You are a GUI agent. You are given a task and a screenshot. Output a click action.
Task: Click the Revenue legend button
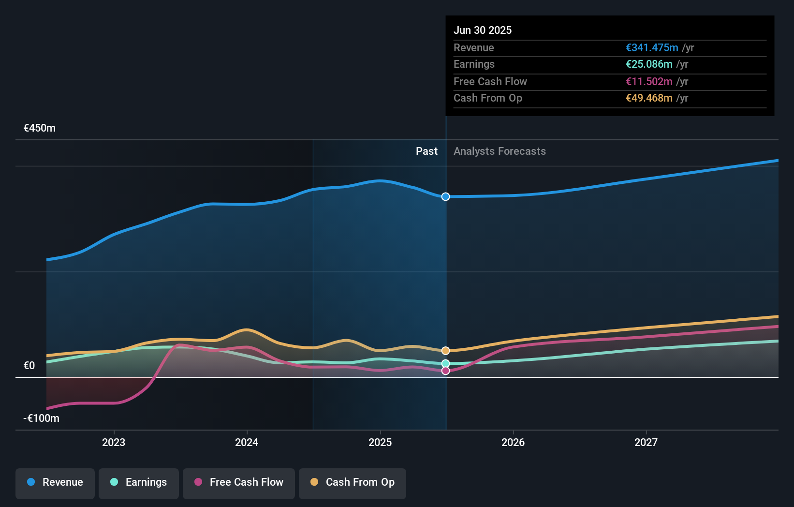(55, 482)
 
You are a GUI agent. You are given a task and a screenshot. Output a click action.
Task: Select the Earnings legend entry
(139, 482)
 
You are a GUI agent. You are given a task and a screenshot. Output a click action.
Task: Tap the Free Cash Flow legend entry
(239, 482)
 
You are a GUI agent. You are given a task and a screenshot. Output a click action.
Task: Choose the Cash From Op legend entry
(353, 482)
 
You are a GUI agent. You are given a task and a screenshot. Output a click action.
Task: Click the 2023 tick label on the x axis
(114, 442)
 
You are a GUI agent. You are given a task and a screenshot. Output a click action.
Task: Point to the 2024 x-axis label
(247, 442)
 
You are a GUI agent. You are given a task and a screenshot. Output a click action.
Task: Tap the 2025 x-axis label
(380, 442)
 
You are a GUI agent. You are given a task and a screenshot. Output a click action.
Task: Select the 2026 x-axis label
(513, 442)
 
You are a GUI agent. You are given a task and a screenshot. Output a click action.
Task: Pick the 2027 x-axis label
(646, 442)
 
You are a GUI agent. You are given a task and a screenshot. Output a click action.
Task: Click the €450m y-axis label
(40, 128)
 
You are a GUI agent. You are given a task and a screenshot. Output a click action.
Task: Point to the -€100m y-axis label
(41, 418)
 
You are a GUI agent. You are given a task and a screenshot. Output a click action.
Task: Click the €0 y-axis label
(29, 366)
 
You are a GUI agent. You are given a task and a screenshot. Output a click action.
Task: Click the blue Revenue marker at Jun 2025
(446, 196)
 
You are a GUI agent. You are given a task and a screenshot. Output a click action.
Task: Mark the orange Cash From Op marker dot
(446, 351)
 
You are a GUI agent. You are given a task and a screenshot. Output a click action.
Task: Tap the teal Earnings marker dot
(446, 363)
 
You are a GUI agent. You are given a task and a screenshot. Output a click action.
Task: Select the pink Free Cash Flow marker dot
(446, 371)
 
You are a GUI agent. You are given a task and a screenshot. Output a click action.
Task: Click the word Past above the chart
(426, 151)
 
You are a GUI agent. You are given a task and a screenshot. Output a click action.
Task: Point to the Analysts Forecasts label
(500, 151)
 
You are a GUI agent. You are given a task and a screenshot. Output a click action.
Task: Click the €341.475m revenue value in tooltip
(652, 48)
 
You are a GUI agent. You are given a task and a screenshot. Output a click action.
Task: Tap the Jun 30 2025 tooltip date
(483, 30)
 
